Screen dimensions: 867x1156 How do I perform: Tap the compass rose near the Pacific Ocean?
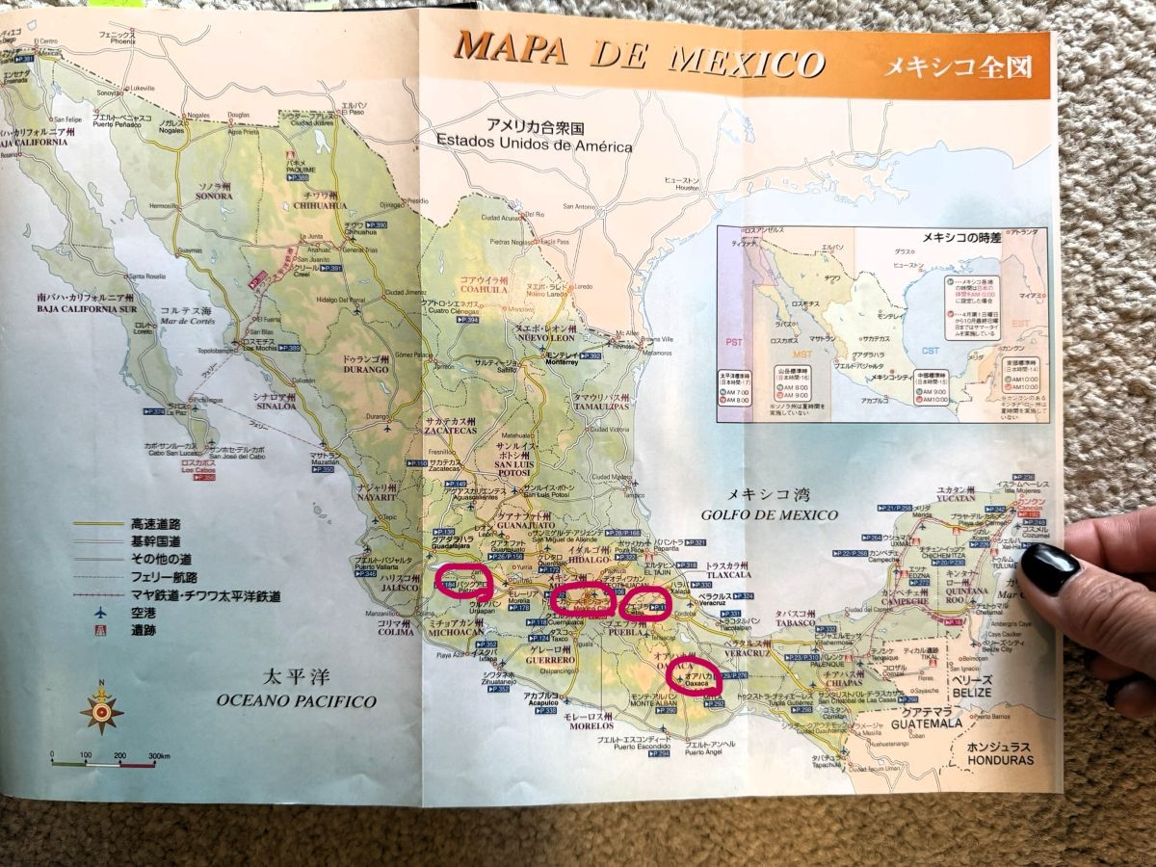click(x=101, y=710)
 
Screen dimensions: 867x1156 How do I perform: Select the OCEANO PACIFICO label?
click(x=296, y=700)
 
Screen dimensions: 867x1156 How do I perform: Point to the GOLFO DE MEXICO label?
click(x=769, y=515)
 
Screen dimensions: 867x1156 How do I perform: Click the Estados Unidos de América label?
click(x=534, y=145)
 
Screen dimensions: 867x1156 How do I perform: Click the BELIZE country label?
click(x=982, y=692)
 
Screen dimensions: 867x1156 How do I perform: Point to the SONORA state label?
click(x=215, y=196)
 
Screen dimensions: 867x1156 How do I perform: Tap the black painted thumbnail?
click(x=1051, y=568)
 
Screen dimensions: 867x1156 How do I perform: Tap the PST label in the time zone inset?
click(x=731, y=342)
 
